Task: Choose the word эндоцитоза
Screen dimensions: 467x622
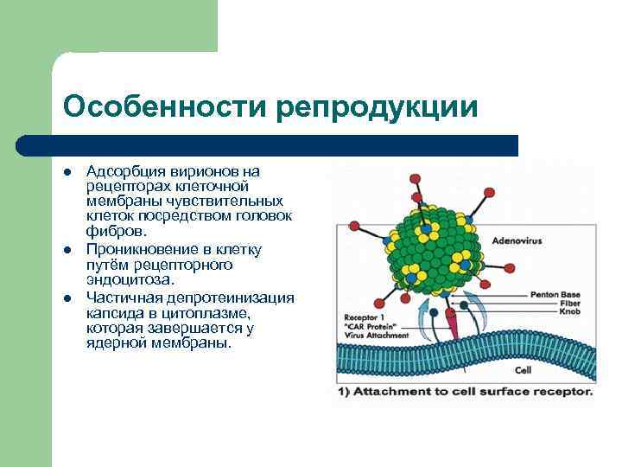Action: point(130,280)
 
